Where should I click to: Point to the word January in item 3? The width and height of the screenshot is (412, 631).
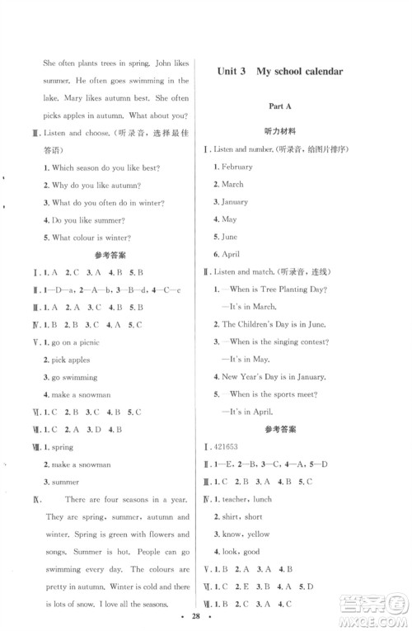[235, 201]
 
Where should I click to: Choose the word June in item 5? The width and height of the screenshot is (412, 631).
[229, 236]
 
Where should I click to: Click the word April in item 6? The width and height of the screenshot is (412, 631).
[230, 253]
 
